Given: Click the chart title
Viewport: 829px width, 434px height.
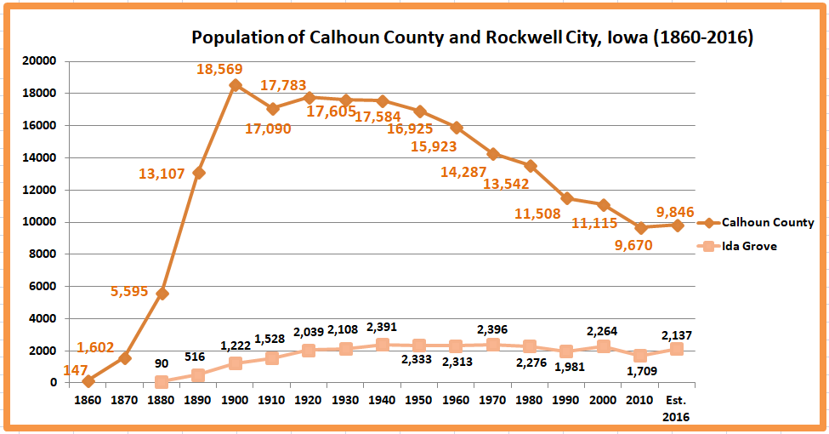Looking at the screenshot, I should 472,38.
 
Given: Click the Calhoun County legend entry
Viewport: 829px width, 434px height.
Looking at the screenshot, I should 768,222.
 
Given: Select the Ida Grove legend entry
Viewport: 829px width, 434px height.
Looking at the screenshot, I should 749,247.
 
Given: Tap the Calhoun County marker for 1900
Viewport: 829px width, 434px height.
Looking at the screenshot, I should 235,85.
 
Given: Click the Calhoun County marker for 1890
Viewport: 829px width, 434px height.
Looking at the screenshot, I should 199,173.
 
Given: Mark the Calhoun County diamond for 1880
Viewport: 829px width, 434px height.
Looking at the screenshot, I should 162,294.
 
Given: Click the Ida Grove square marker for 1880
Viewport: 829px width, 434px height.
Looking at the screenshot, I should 162,382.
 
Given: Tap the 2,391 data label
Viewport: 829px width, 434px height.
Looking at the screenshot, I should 381,327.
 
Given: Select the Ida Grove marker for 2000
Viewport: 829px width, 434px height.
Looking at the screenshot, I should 603,346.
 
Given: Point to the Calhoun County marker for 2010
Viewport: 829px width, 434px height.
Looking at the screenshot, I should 639,228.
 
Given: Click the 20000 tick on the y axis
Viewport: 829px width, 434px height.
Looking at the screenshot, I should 38,61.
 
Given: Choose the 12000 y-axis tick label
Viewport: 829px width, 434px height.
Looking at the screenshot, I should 38,190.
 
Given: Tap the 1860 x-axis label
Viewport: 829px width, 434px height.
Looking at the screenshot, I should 88,400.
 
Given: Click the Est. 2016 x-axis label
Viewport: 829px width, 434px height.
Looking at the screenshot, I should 677,408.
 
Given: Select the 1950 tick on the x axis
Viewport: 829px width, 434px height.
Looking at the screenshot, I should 419,400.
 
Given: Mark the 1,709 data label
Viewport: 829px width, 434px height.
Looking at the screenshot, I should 639,371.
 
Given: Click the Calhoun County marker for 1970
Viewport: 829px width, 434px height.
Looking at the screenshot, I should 492,154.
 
